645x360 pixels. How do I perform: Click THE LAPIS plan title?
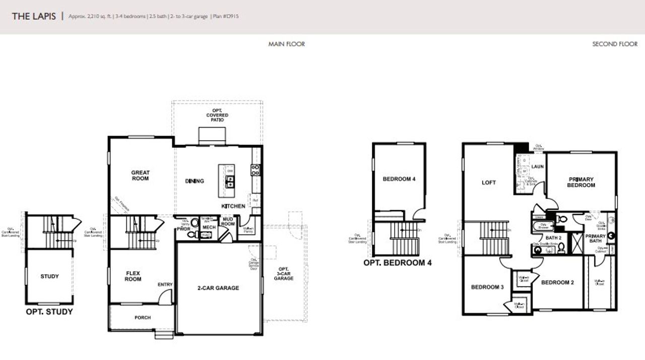34,16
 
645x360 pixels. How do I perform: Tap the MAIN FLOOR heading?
286,44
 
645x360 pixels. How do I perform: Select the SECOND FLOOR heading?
615,44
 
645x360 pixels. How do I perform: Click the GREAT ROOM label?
140,175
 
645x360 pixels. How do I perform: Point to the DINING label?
195,181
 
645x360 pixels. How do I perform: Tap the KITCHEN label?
233,206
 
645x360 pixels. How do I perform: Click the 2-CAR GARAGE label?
218,288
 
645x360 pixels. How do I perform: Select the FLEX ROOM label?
133,276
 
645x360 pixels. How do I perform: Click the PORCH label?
142,318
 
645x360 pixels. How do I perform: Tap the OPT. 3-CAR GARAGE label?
284,273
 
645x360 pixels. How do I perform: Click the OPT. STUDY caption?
49,312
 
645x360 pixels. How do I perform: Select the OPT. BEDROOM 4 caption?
398,263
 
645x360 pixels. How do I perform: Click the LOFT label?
489,183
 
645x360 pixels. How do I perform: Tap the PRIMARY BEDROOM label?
582,182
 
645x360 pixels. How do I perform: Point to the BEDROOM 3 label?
487,287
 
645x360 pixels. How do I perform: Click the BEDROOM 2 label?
557,282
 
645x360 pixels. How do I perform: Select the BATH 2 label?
553,237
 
